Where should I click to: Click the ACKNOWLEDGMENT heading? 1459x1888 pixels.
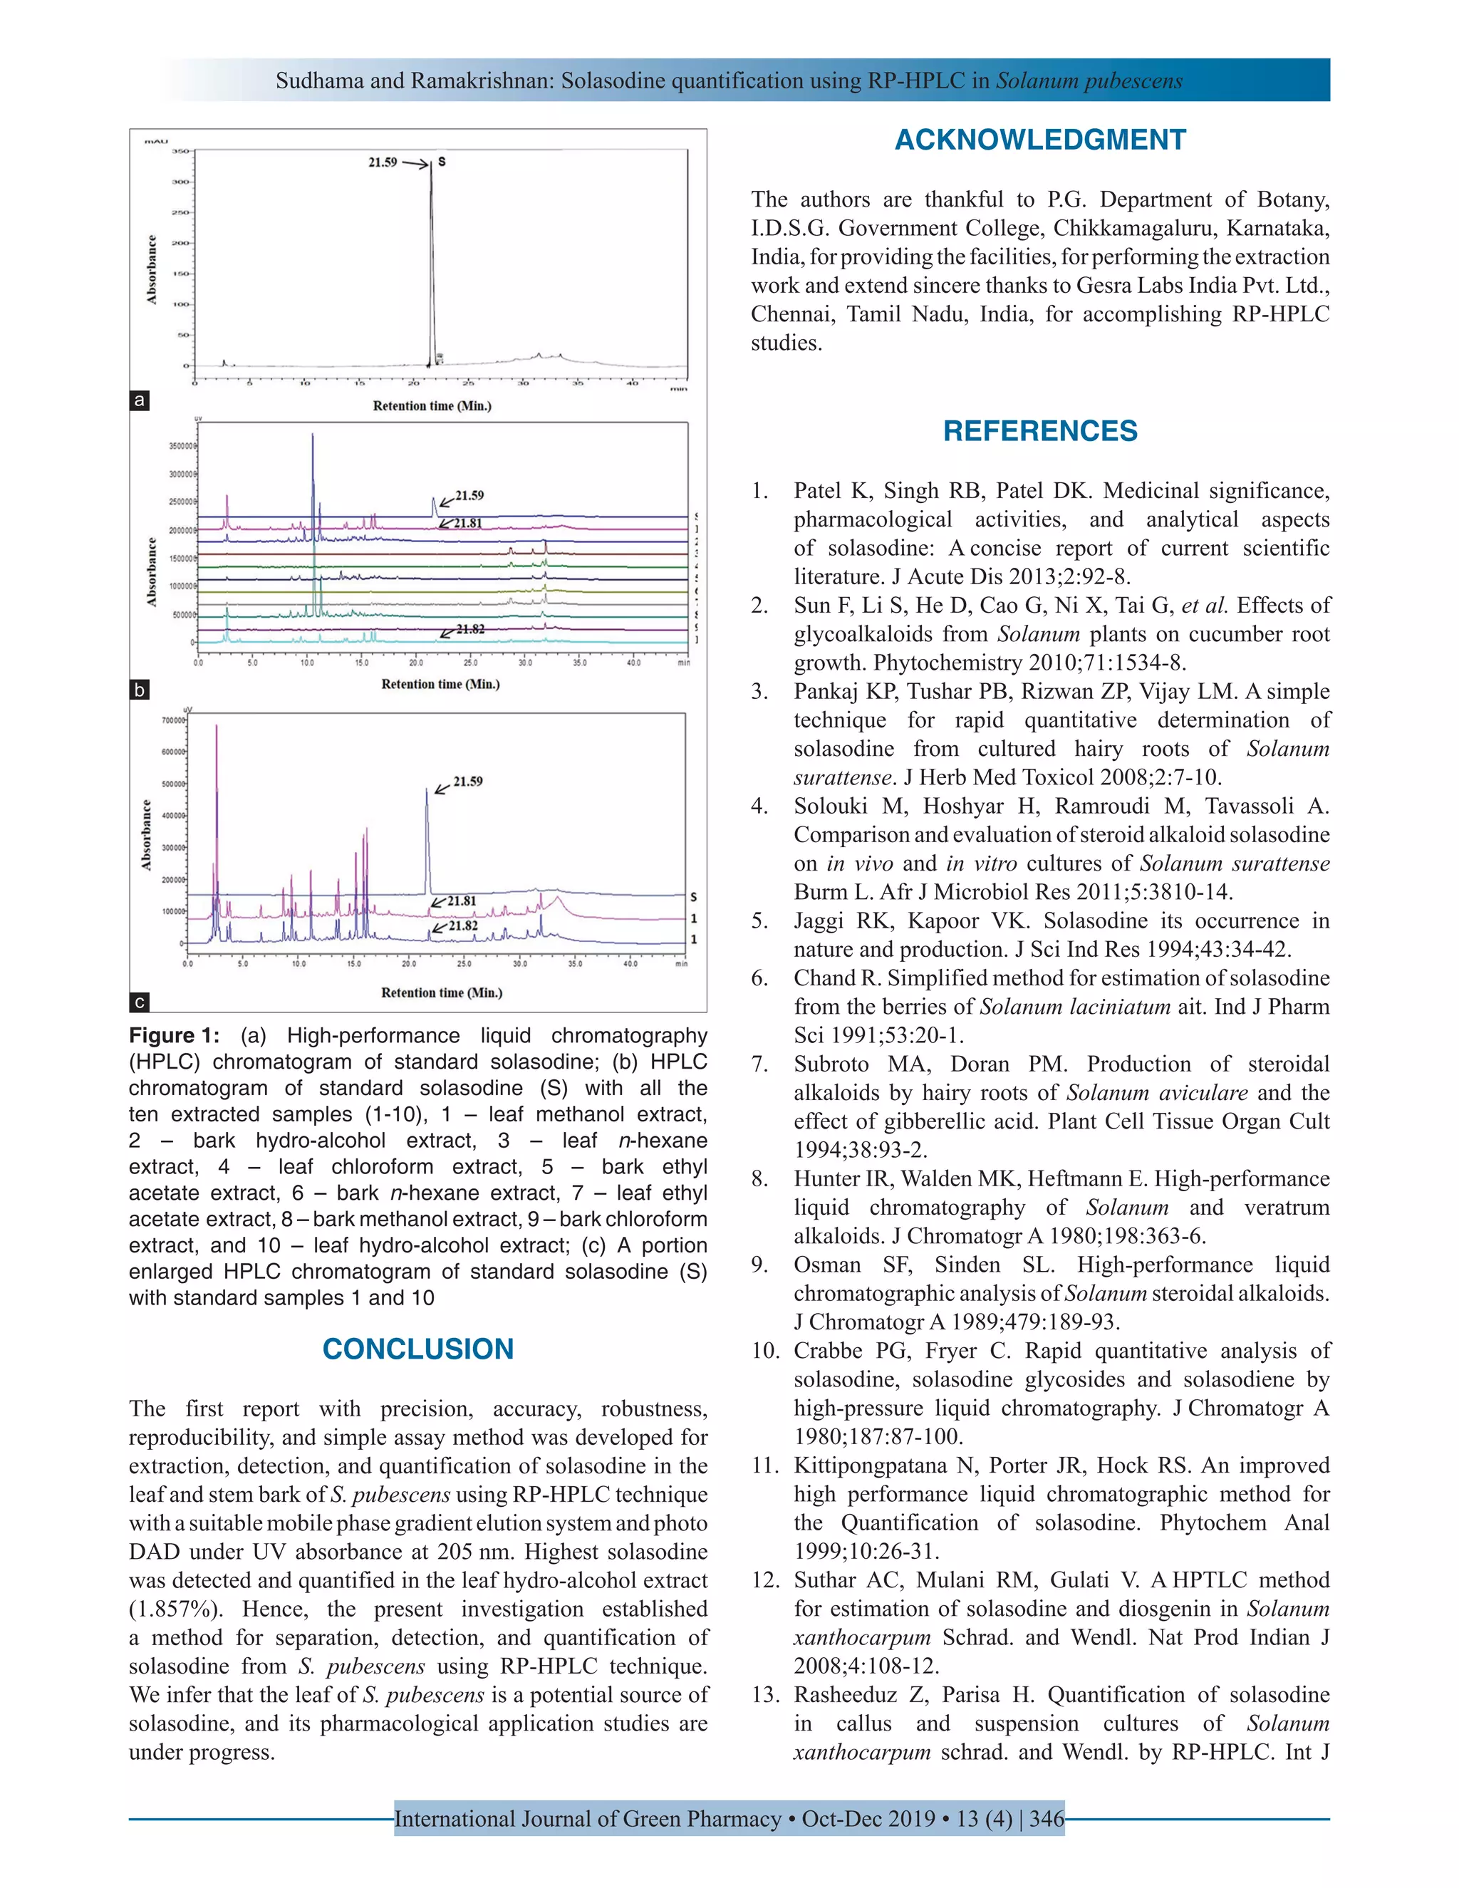tap(1040, 140)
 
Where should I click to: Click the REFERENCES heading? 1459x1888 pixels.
tap(1040, 430)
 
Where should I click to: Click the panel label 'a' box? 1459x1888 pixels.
tap(138, 400)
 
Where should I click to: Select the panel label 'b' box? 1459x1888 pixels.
tap(138, 690)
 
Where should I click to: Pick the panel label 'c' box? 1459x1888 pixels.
tap(138, 1002)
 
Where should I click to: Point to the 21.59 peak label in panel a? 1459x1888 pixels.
tap(383, 162)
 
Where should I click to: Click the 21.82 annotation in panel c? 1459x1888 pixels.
tap(462, 926)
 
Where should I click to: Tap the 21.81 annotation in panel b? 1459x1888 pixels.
tap(467, 523)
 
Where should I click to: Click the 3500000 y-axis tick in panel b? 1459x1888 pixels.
tap(182, 446)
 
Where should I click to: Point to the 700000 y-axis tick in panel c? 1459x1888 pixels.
tap(173, 720)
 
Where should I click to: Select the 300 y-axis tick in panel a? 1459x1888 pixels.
tap(180, 182)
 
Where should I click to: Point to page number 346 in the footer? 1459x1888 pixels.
tap(1046, 1819)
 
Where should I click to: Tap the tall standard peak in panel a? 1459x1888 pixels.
tap(432, 259)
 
